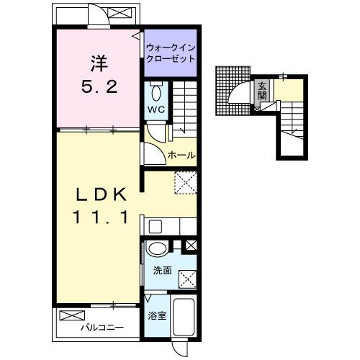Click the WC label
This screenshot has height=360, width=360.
pyautogui.click(x=156, y=109)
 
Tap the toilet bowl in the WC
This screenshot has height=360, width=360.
pyautogui.click(x=156, y=94)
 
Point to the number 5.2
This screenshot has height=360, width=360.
pyautogui.click(x=99, y=86)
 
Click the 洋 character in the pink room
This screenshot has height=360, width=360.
pyautogui.click(x=99, y=63)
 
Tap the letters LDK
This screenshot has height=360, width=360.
pyautogui.click(x=101, y=194)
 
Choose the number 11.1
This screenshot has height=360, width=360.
pyautogui.click(x=101, y=217)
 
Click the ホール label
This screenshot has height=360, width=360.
pyautogui.click(x=181, y=155)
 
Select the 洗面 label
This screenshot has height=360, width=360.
pyautogui.click(x=163, y=271)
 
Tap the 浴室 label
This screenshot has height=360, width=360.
pyautogui.click(x=157, y=315)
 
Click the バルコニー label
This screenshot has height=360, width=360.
pyautogui.click(x=102, y=327)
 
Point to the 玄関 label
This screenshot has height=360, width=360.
pyautogui.click(x=262, y=91)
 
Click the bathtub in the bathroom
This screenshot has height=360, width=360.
pyautogui.click(x=183, y=317)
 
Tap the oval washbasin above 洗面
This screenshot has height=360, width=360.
pyautogui.click(x=157, y=249)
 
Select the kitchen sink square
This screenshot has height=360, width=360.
pyautogui.click(x=155, y=227)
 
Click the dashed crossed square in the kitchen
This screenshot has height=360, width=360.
pyautogui.click(x=186, y=182)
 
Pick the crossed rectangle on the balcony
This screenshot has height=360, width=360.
pyautogui.click(x=72, y=315)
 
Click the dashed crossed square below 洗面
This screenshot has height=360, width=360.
pyautogui.click(x=187, y=279)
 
